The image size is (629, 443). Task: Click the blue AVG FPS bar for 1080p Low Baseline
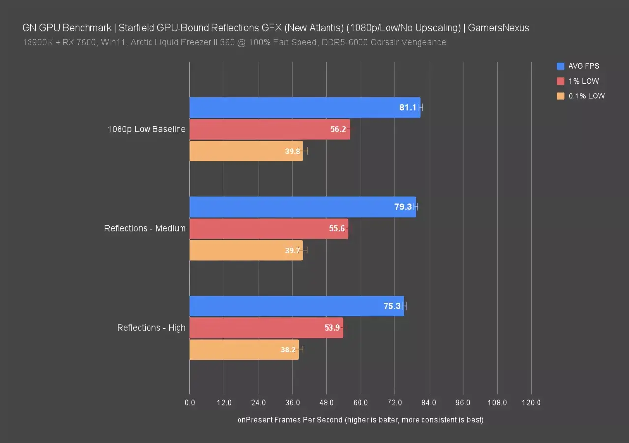pyautogui.click(x=295, y=108)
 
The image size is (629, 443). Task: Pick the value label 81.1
pyautogui.click(x=408, y=108)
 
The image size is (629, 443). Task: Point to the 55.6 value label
pyautogui.click(x=337, y=228)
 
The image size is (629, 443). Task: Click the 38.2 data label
pyautogui.click(x=288, y=350)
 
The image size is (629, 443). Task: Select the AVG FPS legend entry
pyautogui.click(x=583, y=66)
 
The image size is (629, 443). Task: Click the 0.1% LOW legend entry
pyautogui.click(x=587, y=96)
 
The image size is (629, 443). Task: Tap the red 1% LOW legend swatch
pyautogui.click(x=561, y=81)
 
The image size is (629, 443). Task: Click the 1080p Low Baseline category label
pyautogui.click(x=147, y=129)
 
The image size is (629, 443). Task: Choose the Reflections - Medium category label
pyautogui.click(x=145, y=228)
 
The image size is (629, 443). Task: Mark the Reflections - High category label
pyautogui.click(x=151, y=328)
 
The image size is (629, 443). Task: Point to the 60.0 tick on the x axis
pyautogui.click(x=360, y=403)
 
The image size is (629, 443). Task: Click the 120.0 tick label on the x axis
pyautogui.click(x=531, y=403)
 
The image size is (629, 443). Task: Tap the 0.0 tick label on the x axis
pyautogui.click(x=190, y=403)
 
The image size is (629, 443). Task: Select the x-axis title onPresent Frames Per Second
pyautogui.click(x=360, y=420)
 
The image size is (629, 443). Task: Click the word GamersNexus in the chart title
pyautogui.click(x=498, y=28)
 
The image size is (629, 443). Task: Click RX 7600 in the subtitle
pyautogui.click(x=77, y=42)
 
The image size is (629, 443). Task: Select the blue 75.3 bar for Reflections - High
pyautogui.click(x=295, y=306)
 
